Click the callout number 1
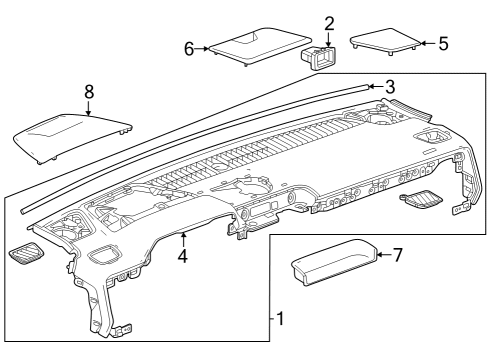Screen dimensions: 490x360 [x=280, y=318]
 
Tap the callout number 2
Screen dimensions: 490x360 [x=329, y=24]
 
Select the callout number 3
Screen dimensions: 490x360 [x=390, y=87]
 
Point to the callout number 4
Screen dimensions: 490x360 [x=183, y=256]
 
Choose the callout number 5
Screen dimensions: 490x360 [x=443, y=43]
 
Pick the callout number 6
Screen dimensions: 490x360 [x=189, y=49]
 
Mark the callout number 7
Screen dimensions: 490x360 [x=398, y=255]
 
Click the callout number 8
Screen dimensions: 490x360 [x=89, y=91]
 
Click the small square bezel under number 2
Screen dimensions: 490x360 [x=318, y=58]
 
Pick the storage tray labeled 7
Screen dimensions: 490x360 [x=334, y=262]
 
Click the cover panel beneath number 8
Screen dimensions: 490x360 [x=72, y=138]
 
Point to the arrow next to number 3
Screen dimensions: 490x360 [x=376, y=87]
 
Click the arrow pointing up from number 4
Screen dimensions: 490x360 [x=183, y=240]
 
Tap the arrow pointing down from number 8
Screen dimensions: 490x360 [x=89, y=108]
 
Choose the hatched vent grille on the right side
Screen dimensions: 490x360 [x=421, y=200]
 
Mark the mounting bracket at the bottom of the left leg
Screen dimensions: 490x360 [x=123, y=331]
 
